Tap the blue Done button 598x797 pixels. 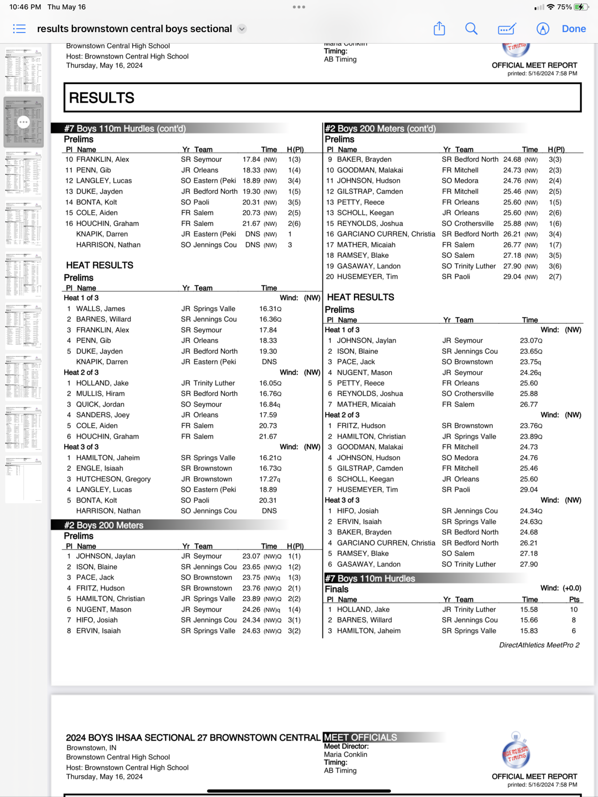click(574, 29)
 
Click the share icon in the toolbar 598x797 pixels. click(439, 29)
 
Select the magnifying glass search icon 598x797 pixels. click(471, 29)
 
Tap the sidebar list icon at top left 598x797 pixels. click(19, 29)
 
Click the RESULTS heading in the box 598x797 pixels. click(102, 98)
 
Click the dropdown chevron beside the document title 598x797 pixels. click(242, 29)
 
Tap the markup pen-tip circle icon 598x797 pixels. click(543, 29)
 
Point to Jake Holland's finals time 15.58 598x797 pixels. click(529, 610)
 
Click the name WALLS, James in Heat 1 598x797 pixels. click(101, 309)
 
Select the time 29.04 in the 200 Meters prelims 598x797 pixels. click(512, 277)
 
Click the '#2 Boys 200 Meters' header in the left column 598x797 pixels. click(104, 526)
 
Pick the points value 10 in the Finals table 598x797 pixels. click(574, 610)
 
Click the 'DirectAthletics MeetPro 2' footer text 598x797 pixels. click(539, 645)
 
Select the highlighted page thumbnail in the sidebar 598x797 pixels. click(23, 122)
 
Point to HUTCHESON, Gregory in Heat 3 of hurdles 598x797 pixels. click(113, 479)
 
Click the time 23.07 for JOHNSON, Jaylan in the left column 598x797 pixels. click(251, 556)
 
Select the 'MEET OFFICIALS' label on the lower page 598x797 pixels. click(360, 737)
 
